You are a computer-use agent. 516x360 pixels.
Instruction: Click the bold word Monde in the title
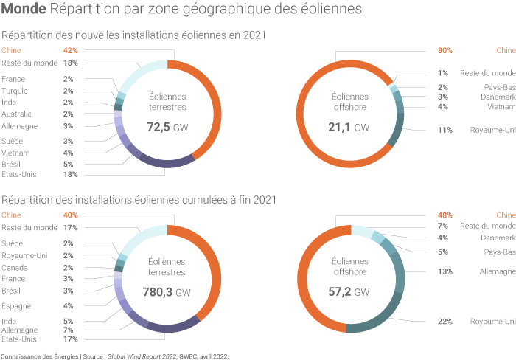(24, 10)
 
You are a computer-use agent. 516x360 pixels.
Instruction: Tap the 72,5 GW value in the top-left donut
(167, 127)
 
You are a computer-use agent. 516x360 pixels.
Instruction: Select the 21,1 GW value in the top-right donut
(350, 127)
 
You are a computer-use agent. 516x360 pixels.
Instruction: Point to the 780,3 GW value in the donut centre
(167, 292)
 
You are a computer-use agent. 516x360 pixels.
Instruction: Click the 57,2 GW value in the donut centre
(350, 292)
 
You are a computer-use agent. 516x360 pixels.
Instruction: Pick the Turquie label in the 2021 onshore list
(15, 91)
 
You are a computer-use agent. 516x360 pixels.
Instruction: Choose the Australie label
(16, 114)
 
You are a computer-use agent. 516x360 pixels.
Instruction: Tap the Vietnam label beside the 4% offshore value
(501, 107)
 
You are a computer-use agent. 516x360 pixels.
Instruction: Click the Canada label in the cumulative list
(14, 267)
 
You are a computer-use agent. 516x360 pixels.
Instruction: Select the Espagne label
(16, 305)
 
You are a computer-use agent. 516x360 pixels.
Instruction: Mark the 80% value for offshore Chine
(444, 51)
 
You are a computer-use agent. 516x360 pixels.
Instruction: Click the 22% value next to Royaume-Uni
(444, 322)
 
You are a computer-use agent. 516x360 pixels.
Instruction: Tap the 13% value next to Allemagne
(444, 271)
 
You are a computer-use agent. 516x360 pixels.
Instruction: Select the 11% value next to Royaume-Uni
(444, 131)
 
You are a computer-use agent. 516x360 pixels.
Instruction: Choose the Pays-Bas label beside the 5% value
(500, 252)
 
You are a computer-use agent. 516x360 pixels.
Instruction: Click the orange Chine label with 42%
(11, 51)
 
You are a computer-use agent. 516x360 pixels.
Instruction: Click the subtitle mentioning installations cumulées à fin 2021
(139, 199)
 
